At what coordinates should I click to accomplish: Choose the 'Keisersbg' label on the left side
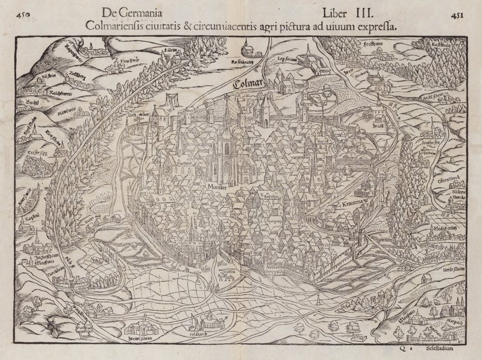22,153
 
